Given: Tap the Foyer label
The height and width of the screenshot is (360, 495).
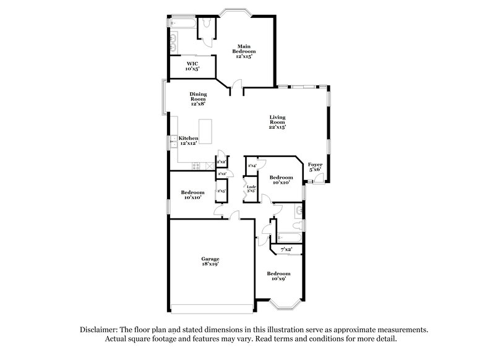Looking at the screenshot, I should [316, 166].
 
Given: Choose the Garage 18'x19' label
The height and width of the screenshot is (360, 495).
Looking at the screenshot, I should [210, 262].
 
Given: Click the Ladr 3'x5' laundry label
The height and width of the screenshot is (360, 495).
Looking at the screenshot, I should [252, 189].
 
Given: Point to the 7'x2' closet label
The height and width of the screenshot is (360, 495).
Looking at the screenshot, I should [286, 249].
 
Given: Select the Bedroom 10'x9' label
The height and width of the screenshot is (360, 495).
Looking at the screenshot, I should [278, 276].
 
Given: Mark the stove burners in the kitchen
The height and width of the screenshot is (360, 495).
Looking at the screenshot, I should [197, 165].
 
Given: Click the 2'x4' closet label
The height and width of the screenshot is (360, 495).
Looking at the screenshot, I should [252, 166].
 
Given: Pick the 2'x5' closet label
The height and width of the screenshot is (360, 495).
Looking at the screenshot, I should [221, 192].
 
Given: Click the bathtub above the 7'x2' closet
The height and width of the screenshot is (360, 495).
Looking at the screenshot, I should [289, 236].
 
